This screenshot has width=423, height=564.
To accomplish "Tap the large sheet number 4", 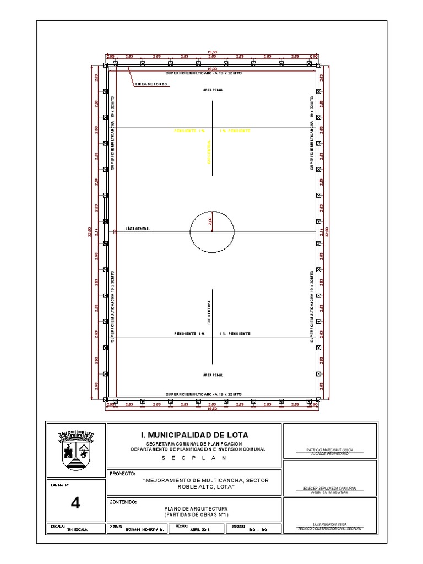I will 76,502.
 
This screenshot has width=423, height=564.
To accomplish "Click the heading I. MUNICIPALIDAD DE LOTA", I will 194,435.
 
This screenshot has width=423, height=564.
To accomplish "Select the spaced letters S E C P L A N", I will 194,458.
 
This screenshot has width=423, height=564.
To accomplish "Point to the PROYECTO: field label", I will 122,473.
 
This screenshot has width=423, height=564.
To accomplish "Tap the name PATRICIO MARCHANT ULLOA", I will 329,450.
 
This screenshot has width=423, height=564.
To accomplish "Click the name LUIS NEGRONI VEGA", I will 329,525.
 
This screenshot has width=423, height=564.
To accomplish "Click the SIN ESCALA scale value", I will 77,529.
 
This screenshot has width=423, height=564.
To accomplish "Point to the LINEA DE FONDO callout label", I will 151,84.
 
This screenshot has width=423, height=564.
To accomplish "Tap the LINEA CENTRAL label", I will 138,229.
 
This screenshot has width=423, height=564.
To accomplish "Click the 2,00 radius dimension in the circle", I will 210,221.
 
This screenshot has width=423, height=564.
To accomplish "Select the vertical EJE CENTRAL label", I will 209,311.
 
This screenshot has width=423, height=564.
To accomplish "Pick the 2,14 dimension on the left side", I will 97,232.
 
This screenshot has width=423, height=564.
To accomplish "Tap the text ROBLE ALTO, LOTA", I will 205,487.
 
